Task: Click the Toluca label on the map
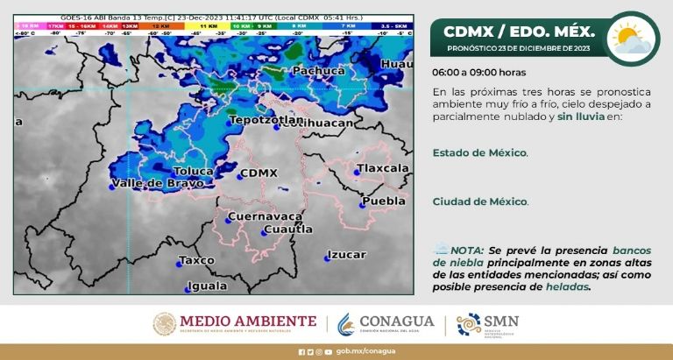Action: coord(194,171)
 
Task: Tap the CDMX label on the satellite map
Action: coord(259,173)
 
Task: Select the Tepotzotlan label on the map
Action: coord(259,119)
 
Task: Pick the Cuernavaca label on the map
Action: coord(265,215)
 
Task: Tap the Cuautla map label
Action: coord(288,229)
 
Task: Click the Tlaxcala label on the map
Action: coord(383,167)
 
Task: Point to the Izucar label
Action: coord(346,255)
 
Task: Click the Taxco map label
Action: coord(196,260)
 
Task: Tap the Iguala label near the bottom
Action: coord(207,286)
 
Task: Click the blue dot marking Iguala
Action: coord(188,289)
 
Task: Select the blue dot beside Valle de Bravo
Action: coord(112,186)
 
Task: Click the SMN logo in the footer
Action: coord(487,324)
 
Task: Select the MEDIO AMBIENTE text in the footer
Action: coord(248,321)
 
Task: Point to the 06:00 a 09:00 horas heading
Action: coord(479,73)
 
